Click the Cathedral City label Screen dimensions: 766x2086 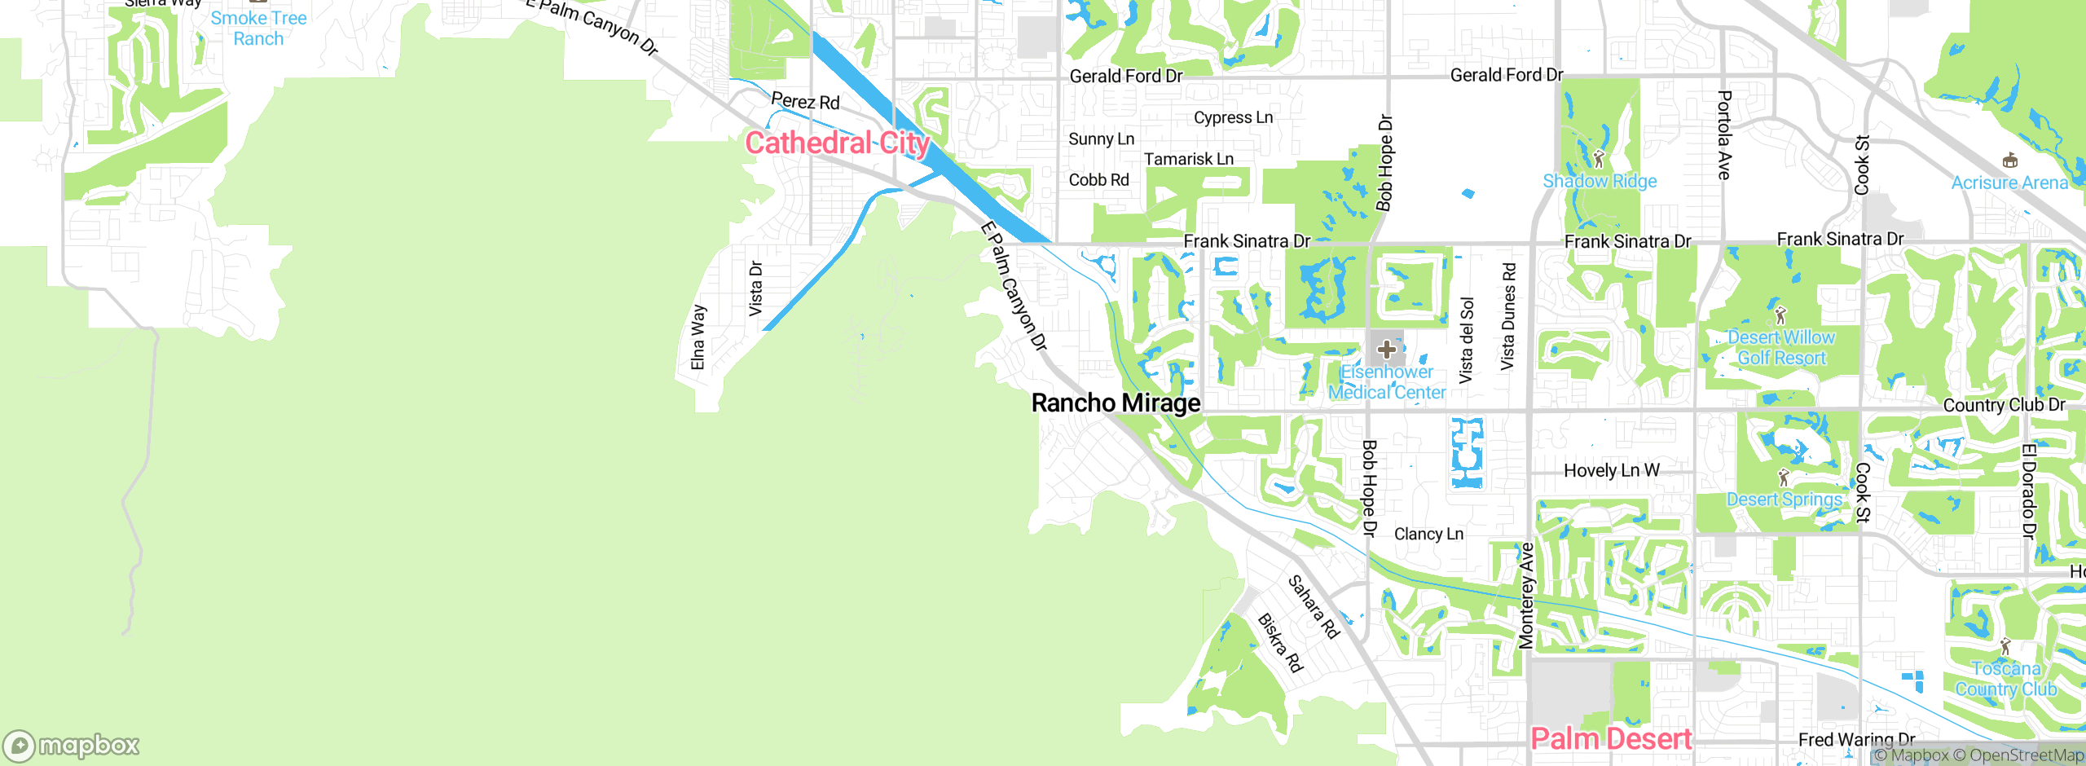click(837, 143)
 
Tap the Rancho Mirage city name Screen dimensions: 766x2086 click(1116, 403)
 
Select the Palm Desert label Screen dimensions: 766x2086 click(1611, 739)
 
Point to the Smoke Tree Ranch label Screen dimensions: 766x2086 click(258, 29)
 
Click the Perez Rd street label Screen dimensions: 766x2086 click(805, 102)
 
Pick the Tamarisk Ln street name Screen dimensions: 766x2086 click(1189, 159)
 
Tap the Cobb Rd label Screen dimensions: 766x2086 click(1098, 180)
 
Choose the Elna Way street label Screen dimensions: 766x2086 click(698, 337)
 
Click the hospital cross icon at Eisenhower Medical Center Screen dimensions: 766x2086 click(1387, 350)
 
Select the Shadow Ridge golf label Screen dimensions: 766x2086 click(1600, 181)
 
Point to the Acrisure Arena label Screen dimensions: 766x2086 click(2009, 183)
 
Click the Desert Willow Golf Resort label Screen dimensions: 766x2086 click(1781, 348)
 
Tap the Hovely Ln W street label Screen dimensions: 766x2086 click(1611, 470)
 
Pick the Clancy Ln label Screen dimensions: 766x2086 click(1428, 534)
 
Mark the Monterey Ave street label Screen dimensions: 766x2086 click(1526, 596)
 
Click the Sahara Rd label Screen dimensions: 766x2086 click(1314, 607)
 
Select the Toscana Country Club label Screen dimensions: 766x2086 click(2006, 679)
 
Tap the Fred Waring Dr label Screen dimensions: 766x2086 click(1856, 739)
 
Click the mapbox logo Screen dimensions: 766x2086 click(72, 746)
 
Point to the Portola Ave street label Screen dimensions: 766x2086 click(1724, 134)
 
